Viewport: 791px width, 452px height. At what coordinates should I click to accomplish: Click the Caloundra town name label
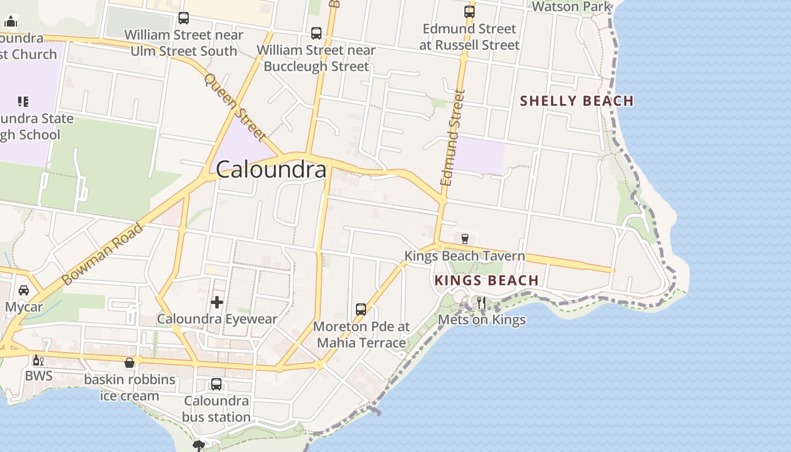(x=271, y=169)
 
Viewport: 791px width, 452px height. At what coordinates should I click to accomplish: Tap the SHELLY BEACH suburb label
(x=576, y=101)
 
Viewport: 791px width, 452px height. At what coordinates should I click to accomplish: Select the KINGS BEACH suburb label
(x=486, y=280)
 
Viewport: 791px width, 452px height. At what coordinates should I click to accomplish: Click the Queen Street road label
(x=235, y=107)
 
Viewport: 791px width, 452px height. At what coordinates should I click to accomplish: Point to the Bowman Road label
(x=102, y=254)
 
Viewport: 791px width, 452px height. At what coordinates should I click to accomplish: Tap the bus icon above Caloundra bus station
(x=216, y=384)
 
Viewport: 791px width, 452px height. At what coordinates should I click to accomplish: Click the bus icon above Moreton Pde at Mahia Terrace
(x=361, y=310)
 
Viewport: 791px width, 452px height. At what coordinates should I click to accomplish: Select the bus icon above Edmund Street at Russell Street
(x=469, y=11)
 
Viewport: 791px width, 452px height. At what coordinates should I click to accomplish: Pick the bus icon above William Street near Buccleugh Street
(x=316, y=33)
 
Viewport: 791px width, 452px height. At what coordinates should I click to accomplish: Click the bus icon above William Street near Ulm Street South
(x=184, y=18)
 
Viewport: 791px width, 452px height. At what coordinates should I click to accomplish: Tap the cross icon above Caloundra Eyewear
(x=217, y=302)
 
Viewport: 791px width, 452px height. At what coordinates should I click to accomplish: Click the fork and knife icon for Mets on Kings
(x=481, y=303)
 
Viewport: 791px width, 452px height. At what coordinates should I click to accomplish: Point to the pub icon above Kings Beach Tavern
(x=465, y=239)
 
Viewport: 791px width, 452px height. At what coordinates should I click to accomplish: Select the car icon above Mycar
(x=24, y=290)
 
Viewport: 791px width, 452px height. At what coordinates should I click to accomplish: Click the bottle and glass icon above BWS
(x=38, y=360)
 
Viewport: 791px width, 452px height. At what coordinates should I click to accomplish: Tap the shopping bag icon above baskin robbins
(x=129, y=363)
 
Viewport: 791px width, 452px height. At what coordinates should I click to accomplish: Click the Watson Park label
(x=571, y=7)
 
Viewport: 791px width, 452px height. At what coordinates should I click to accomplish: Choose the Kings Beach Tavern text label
(x=464, y=256)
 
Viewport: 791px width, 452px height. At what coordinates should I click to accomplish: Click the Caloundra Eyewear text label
(x=217, y=319)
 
